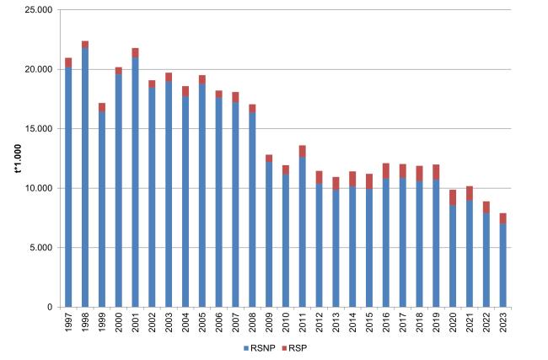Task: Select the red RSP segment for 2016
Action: point(385,170)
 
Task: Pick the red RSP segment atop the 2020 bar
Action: point(453,197)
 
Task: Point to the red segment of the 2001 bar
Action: point(136,52)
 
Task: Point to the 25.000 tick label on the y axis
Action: point(40,10)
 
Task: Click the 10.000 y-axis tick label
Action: point(40,188)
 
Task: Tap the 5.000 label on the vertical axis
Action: point(42,248)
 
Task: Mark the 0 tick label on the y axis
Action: point(51,307)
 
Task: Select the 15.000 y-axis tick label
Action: point(40,129)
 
